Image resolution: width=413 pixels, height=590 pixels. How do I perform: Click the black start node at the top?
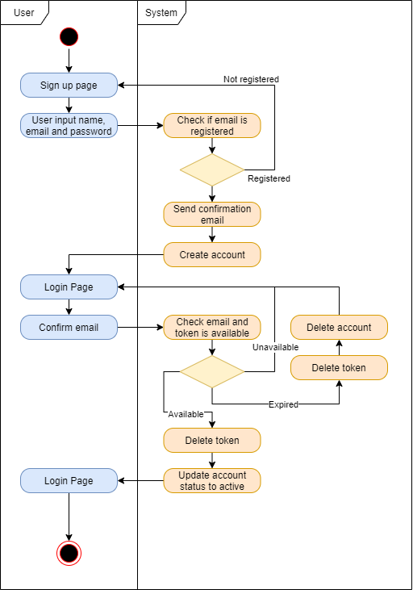click(69, 36)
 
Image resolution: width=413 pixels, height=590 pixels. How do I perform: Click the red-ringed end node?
click(69, 553)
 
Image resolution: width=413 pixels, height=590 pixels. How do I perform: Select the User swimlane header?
click(24, 12)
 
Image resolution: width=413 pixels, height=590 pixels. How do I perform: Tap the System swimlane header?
click(161, 12)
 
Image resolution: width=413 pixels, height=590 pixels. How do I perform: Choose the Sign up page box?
click(69, 85)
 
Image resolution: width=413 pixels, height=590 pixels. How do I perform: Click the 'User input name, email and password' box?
click(69, 126)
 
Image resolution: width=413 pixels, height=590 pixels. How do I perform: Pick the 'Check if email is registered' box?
click(212, 126)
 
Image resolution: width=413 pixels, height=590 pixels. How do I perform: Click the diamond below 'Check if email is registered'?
click(212, 170)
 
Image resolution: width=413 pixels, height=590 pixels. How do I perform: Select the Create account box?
click(212, 254)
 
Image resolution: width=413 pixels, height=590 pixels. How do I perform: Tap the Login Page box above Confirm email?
click(69, 287)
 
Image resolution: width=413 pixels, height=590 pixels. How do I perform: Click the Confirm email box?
click(69, 327)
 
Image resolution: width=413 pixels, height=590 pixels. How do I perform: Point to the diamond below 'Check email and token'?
click(212, 372)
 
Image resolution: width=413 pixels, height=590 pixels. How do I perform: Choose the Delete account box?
click(340, 327)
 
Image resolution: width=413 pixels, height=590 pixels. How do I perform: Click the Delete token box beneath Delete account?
click(340, 367)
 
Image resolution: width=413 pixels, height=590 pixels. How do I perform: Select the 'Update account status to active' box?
click(212, 480)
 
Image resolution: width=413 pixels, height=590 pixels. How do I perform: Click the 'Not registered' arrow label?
click(251, 79)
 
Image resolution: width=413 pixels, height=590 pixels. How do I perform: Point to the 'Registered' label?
click(269, 178)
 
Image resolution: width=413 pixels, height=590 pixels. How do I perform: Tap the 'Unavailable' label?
click(276, 347)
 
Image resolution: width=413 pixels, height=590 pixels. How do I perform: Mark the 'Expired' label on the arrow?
click(283, 404)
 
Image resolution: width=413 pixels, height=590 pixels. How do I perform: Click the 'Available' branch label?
click(186, 414)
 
